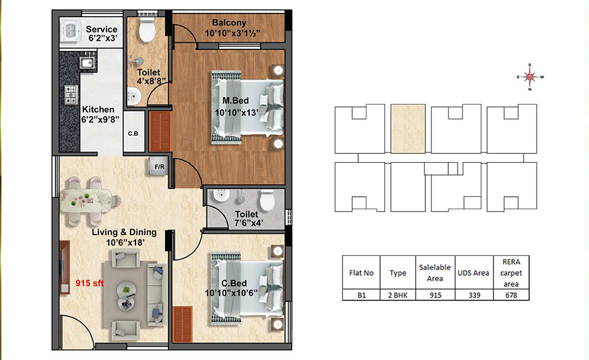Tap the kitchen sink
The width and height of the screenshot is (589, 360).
click(x=87, y=63)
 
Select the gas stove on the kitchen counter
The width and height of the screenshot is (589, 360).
click(x=71, y=95)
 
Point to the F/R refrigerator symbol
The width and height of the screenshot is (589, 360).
click(x=160, y=166)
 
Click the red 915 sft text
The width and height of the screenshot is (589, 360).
click(x=90, y=283)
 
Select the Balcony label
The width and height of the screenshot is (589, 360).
click(x=229, y=23)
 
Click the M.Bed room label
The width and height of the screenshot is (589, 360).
click(x=236, y=101)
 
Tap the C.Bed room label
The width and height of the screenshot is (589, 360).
click(x=234, y=283)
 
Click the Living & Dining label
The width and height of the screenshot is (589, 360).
click(x=124, y=232)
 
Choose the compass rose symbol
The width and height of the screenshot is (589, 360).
click(x=530, y=77)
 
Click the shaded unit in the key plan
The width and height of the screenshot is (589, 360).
click(x=408, y=129)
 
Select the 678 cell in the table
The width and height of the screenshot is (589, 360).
click(x=511, y=295)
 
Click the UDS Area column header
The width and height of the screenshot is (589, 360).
click(x=474, y=273)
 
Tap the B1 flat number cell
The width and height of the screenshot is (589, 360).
click(x=362, y=295)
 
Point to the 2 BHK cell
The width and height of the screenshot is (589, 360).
click(x=398, y=295)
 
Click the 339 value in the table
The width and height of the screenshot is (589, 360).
click(x=474, y=295)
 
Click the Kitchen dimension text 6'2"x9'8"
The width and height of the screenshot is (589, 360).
click(x=100, y=120)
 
